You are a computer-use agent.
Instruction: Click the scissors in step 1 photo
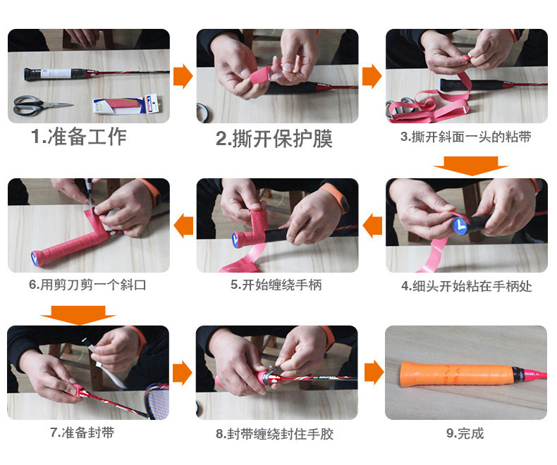click(x=39, y=106)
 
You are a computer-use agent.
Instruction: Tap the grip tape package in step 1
click(x=126, y=105)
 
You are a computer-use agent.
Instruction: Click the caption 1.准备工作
click(x=78, y=137)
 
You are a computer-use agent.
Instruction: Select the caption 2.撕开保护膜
click(x=274, y=138)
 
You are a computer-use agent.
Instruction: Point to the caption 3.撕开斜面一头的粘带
click(x=466, y=137)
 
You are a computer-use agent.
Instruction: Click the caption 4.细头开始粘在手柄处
click(x=467, y=286)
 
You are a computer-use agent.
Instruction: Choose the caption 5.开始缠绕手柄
click(x=276, y=285)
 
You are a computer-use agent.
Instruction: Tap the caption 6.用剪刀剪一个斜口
click(x=87, y=285)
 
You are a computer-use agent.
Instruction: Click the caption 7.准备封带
click(x=82, y=433)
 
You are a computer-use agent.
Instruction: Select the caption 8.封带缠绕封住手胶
click(x=274, y=434)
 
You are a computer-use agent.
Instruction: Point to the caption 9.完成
click(x=465, y=433)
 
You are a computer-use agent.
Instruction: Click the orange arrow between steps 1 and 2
click(x=183, y=76)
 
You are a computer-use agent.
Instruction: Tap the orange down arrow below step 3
click(x=470, y=166)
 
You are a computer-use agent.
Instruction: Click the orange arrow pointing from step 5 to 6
click(x=183, y=225)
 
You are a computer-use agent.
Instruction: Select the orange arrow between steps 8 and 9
click(x=374, y=373)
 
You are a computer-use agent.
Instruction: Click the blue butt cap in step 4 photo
click(x=460, y=225)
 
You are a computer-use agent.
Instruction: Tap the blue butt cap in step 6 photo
click(x=35, y=258)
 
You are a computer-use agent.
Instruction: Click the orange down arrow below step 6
click(x=78, y=315)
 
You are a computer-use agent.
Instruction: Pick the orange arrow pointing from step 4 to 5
click(x=372, y=225)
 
